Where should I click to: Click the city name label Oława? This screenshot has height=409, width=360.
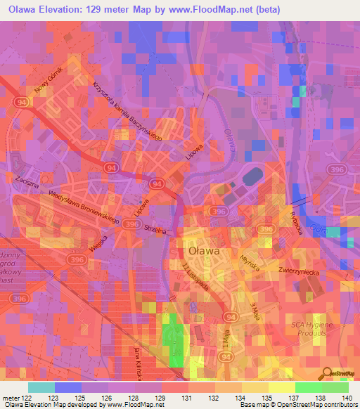tap(204, 250)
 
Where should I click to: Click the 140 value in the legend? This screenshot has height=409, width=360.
tap(347, 398)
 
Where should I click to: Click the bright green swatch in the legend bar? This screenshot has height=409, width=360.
tap(307, 387)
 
